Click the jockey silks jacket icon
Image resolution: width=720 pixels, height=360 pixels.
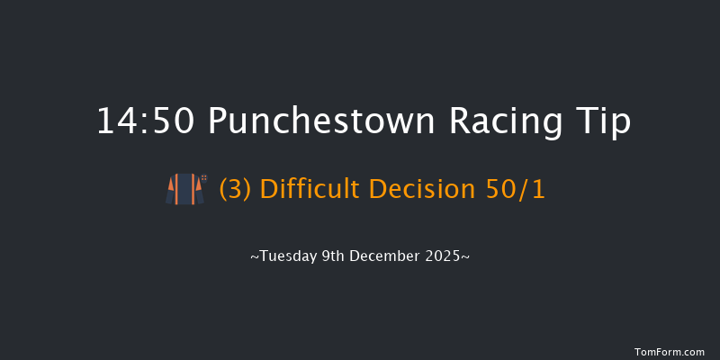click(x=183, y=189)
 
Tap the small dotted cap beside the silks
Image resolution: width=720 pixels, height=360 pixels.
click(x=204, y=178)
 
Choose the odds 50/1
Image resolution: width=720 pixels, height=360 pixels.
click(x=513, y=190)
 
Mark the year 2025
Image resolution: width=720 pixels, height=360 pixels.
click(x=445, y=256)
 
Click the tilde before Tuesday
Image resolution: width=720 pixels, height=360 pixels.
click(x=254, y=257)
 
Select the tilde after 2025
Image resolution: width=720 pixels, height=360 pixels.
click(x=465, y=257)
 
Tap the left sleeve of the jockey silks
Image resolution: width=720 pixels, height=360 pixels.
click(x=171, y=192)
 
